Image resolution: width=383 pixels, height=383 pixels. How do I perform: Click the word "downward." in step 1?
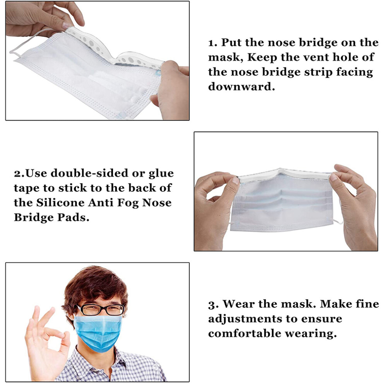click(241, 87)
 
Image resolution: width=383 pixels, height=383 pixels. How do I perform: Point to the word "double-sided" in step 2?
click(89, 173)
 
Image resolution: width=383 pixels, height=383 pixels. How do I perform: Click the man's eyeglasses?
click(100, 309)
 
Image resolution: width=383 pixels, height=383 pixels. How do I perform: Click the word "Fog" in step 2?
click(128, 203)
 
